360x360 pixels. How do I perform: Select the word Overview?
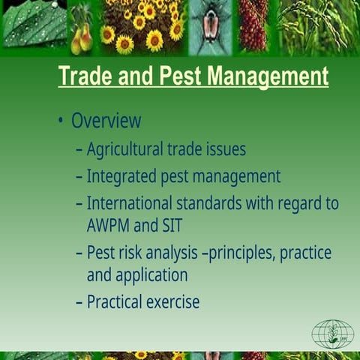(x=106, y=121)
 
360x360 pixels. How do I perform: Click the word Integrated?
(x=120, y=177)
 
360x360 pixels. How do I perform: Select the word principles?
(x=241, y=253)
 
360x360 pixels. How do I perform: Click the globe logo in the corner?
(x=331, y=334)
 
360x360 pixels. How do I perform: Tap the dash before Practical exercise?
(x=79, y=302)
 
